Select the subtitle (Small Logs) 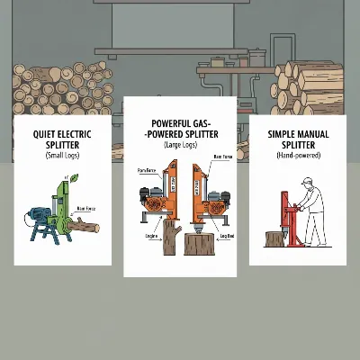click(61, 156)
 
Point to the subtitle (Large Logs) click(180, 144)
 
